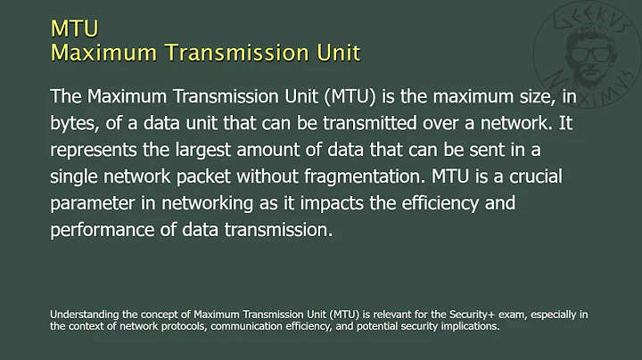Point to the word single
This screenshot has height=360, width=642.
pos(74,175)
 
